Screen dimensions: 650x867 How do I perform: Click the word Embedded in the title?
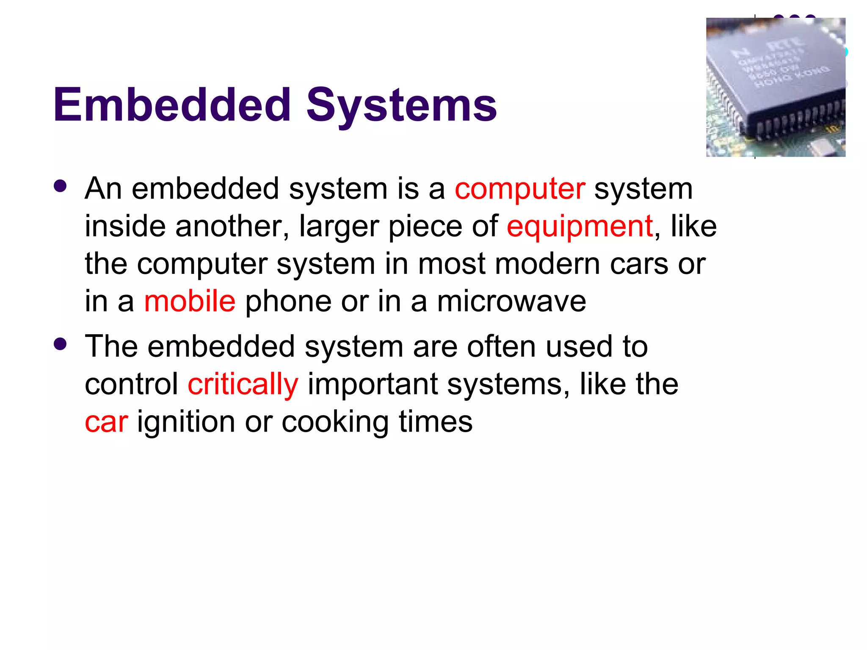pos(172,105)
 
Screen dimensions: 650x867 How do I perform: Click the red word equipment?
pos(580,227)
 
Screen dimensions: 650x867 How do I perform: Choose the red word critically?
pos(243,385)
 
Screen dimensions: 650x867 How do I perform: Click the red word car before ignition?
pos(106,422)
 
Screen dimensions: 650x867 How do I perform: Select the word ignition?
pos(186,423)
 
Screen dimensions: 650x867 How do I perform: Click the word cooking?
pos(335,423)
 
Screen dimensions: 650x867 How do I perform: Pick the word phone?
pos(288,302)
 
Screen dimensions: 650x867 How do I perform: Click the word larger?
pos(339,227)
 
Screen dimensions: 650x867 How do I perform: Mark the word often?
pos(501,347)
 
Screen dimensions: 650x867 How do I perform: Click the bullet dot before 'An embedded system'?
pos(61,186)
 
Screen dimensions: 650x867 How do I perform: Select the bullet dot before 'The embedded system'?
pos(61,344)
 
